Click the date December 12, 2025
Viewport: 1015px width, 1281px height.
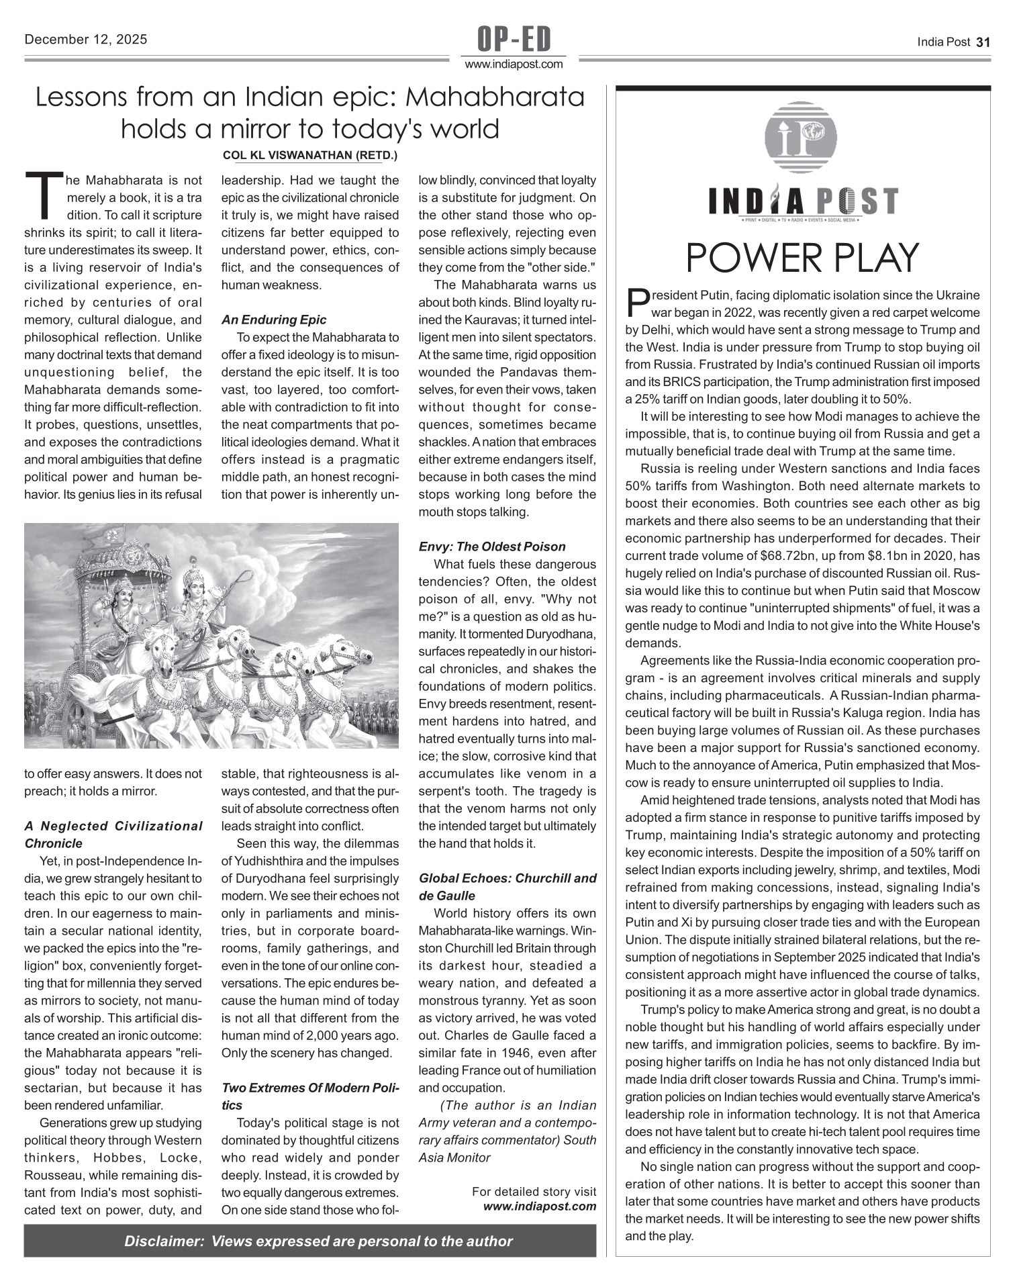point(85,40)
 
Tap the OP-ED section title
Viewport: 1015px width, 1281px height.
point(514,40)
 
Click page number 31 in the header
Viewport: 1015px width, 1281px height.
point(983,42)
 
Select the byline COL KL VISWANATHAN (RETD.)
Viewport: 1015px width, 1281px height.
point(309,156)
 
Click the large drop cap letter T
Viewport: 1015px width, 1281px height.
point(44,197)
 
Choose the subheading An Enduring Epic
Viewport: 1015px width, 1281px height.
point(274,320)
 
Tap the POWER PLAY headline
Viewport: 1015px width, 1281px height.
point(802,258)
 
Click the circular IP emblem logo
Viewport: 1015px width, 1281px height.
point(801,137)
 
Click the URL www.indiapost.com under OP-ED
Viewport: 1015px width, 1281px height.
point(514,64)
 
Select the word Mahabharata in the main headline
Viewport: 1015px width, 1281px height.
point(495,98)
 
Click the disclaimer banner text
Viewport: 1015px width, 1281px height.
point(318,1241)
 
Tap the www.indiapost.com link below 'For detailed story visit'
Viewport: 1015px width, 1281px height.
point(539,1206)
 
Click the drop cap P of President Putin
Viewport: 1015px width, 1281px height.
point(636,303)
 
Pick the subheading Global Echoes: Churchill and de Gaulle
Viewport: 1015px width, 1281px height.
point(507,887)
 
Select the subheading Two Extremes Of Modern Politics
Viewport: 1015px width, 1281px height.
point(310,1096)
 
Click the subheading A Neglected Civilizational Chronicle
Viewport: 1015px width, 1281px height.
point(113,835)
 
